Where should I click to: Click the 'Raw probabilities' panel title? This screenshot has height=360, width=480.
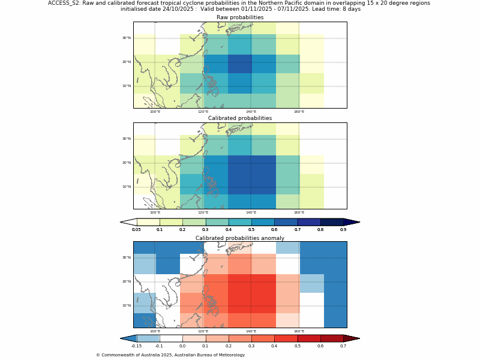coord(240,17)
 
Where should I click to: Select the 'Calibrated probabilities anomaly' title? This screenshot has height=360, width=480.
coord(240,238)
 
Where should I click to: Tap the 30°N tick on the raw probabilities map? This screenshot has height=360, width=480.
coord(127,38)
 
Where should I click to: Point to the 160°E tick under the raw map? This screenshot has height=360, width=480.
coord(299,112)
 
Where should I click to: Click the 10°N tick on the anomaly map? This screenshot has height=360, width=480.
coord(127,305)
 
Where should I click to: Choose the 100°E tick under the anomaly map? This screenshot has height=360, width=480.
coord(155,331)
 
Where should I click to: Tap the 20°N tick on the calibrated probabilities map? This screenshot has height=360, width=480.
coord(127,163)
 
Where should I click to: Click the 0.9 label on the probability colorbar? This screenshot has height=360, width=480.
coord(343,230)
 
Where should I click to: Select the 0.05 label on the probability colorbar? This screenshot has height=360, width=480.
coord(137,230)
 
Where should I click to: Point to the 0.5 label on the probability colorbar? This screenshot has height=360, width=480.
coord(251,230)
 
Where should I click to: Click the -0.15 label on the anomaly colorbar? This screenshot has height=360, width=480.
coord(136,346)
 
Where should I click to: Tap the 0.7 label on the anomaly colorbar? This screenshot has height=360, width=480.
coord(343,346)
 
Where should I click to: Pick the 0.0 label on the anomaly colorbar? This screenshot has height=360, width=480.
coord(182,346)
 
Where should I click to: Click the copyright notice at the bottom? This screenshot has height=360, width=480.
coord(170,355)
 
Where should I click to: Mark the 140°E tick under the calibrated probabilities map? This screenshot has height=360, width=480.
coord(251,212)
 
